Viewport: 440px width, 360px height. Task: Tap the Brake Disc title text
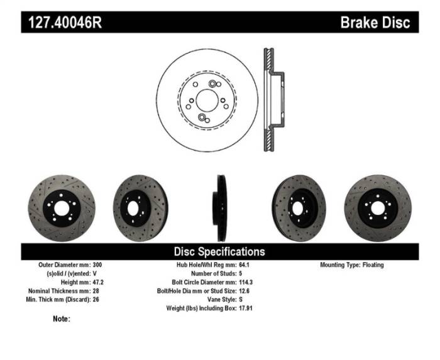click(x=375, y=23)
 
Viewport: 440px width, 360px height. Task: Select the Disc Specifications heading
click(x=219, y=251)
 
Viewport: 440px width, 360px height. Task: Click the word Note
click(x=61, y=319)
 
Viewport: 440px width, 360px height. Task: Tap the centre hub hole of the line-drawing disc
click(x=207, y=99)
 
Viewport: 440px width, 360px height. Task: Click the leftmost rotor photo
click(x=56, y=205)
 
